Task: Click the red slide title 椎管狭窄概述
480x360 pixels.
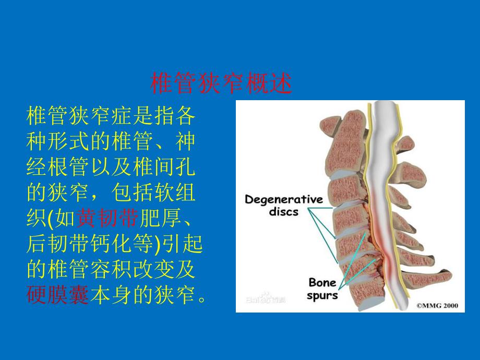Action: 221,83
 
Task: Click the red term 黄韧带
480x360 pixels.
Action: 107,219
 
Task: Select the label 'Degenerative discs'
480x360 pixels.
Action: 284,205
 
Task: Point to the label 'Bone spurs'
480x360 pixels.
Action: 322,289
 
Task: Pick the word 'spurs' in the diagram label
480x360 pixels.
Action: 322,295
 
